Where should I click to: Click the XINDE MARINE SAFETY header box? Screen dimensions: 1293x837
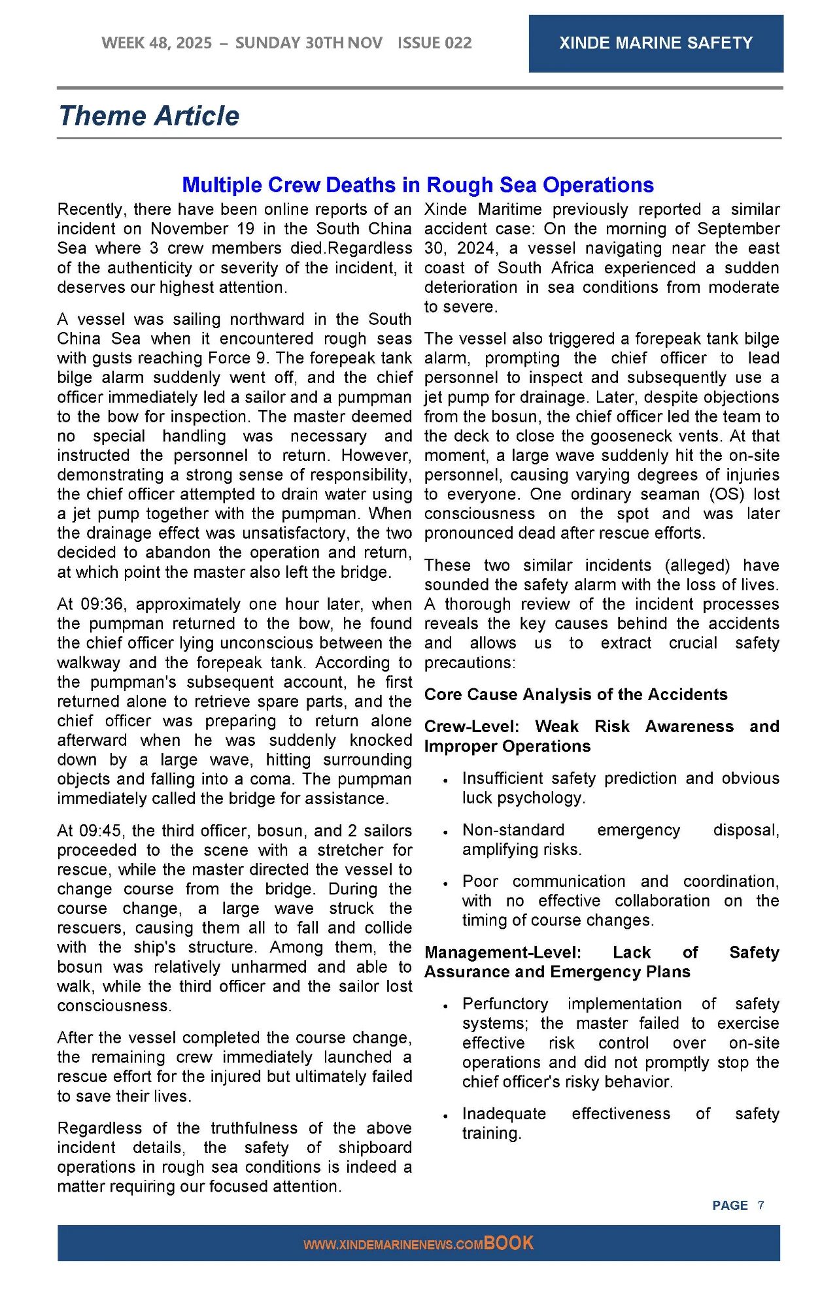click(655, 43)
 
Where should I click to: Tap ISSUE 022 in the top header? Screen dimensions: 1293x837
click(434, 43)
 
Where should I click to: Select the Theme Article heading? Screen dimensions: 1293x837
click(149, 116)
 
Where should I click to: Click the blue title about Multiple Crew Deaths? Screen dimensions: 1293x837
click(418, 185)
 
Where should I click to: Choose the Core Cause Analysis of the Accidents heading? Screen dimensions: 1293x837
click(575, 694)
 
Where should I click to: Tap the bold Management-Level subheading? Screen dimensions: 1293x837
click(502, 952)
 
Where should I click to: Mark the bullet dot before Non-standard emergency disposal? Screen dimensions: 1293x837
click(445, 832)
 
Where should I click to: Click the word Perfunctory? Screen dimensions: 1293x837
click(505, 1003)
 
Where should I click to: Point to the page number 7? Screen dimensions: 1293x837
click(761, 1205)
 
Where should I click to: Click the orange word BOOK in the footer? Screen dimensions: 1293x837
click(509, 1243)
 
